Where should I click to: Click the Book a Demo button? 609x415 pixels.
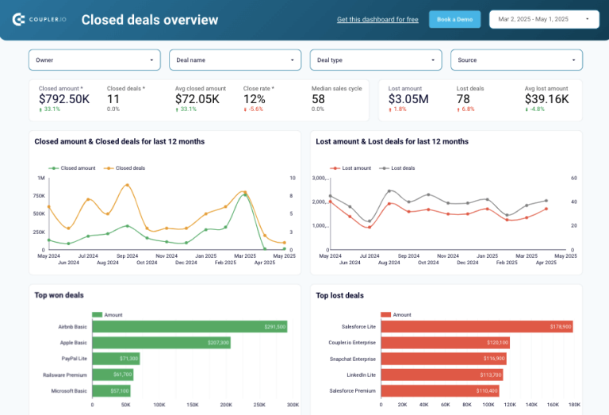[x=454, y=19]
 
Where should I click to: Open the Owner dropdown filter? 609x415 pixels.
[x=94, y=60]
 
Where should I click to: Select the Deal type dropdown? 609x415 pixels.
[x=375, y=60]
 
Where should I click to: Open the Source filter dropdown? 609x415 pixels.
[x=516, y=60]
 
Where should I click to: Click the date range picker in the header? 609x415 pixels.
[x=545, y=19]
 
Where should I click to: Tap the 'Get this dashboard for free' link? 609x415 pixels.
[x=377, y=19]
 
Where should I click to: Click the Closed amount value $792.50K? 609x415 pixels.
[x=64, y=99]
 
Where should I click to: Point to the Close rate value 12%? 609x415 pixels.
[x=254, y=99]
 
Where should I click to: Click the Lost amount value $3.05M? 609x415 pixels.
[x=408, y=99]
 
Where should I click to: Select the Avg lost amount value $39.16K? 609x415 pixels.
[x=546, y=99]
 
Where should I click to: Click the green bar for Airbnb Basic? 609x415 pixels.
[x=190, y=327]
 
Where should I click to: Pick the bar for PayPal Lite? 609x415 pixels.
[x=116, y=359]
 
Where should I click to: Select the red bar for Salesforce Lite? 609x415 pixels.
[x=477, y=327]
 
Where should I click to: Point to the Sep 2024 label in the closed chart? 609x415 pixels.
[x=127, y=256]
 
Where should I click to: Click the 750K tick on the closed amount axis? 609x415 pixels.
[x=38, y=196]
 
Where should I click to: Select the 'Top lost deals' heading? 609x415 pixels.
[x=339, y=295]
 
